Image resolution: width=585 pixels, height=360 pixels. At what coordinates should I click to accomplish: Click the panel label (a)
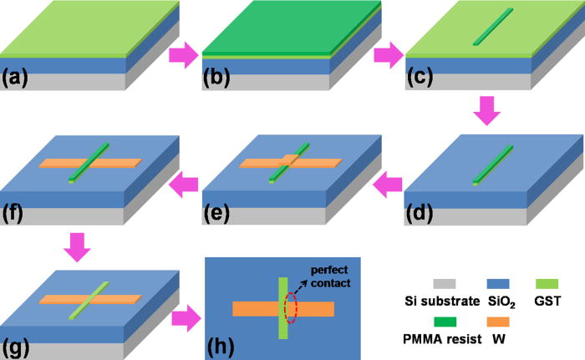pyautogui.click(x=18, y=80)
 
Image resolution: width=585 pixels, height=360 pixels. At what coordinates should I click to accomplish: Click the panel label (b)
pyautogui.click(x=220, y=80)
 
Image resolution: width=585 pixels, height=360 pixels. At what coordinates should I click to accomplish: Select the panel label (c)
pyautogui.click(x=422, y=80)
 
